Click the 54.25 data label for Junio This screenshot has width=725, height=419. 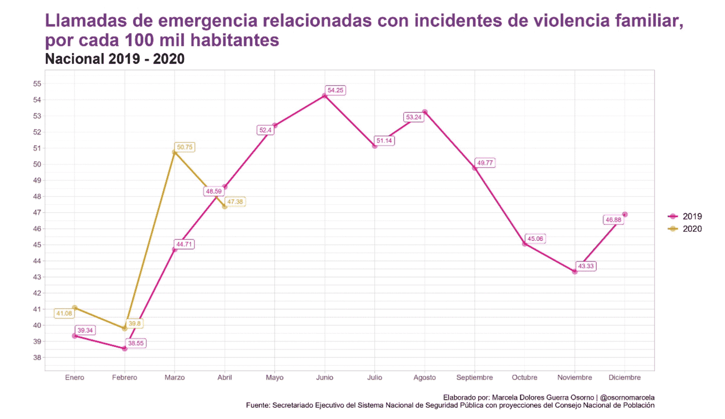click(335, 90)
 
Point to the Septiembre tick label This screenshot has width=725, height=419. click(474, 377)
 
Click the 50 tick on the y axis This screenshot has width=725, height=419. click(37, 164)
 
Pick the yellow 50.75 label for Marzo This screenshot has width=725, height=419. click(184, 147)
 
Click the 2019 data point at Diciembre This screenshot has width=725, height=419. click(625, 214)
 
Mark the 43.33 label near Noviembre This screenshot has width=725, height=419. click(585, 266)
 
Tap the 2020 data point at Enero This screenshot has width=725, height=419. click(75, 308)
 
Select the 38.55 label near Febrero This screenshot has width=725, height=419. click(135, 343)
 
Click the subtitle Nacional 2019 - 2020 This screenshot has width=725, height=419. click(115, 59)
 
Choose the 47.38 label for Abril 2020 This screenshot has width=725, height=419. click(235, 202)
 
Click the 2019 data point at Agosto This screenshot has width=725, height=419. click(425, 112)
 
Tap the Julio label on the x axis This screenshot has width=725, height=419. click(374, 377)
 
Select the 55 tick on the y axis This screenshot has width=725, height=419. click(37, 83)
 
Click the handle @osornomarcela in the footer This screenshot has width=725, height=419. click(627, 397)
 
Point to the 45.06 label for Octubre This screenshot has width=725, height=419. click(535, 239)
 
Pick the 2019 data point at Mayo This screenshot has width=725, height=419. click(275, 126)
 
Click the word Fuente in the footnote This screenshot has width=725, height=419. click(257, 405)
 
